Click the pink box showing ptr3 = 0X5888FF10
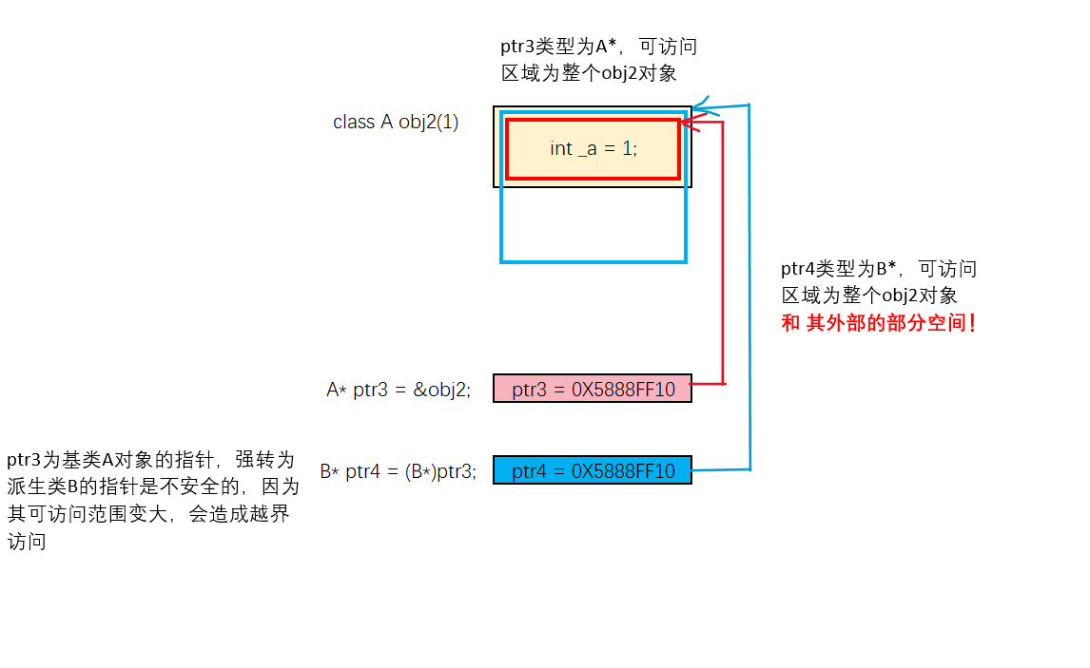[592, 389]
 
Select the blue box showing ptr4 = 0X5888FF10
[592, 470]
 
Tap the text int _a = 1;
[593, 148]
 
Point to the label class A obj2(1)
[396, 123]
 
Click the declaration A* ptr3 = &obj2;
[399, 390]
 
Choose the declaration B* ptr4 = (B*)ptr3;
[398, 471]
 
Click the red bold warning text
[879, 323]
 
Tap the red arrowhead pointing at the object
[689, 123]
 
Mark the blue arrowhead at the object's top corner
[700, 104]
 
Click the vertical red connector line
[724, 257]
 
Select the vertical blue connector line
[750, 285]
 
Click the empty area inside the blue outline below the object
[593, 223]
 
